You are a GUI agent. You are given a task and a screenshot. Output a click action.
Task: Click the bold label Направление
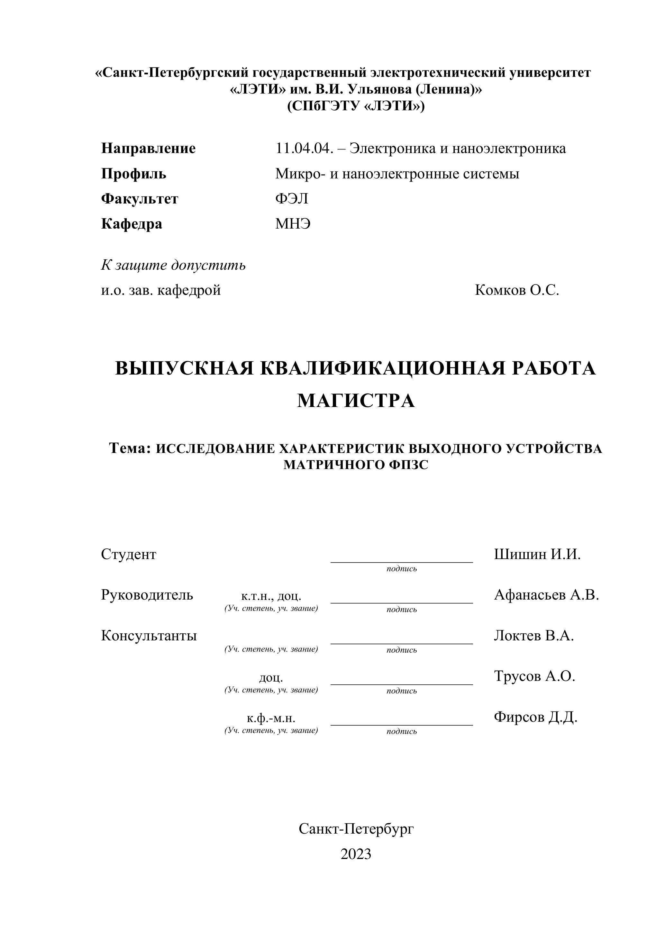[x=148, y=148]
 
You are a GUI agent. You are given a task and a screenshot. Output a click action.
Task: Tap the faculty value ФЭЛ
[x=292, y=199]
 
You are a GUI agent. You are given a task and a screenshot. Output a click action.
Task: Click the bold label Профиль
[x=133, y=174]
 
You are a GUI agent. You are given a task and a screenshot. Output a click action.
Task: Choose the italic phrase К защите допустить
[x=173, y=265]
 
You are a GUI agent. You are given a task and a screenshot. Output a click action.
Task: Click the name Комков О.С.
[x=517, y=290]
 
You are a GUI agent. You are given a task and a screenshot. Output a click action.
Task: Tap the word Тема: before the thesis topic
[x=131, y=448]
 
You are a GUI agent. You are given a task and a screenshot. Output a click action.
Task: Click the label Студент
[x=129, y=554]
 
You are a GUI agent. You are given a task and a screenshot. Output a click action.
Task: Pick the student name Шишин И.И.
[x=537, y=554]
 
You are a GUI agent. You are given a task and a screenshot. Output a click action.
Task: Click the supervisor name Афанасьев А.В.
[x=546, y=594]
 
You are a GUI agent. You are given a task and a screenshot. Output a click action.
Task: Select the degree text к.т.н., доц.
[x=271, y=596]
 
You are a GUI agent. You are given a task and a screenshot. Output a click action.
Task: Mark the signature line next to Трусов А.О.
[x=401, y=684]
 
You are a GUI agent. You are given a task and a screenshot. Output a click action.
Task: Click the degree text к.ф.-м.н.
[x=271, y=718]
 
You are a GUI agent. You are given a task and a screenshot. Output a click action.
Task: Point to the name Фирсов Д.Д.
[x=535, y=717]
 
